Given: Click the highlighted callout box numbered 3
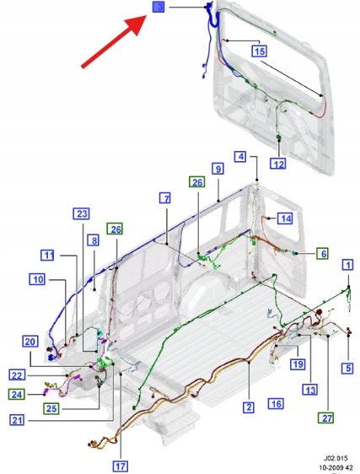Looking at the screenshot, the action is (x=159, y=7).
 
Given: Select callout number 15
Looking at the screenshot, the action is (x=260, y=51).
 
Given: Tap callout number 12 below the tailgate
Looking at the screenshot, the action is (x=278, y=164).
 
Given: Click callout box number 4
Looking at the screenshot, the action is (x=240, y=157).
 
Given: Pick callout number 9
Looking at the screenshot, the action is (x=218, y=169).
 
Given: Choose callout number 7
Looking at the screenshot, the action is (x=165, y=198).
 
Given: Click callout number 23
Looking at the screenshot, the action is (x=82, y=213).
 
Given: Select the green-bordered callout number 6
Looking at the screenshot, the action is (x=323, y=253).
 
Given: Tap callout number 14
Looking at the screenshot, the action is (x=285, y=218).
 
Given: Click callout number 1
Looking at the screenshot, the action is (x=348, y=265).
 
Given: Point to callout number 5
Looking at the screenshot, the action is (x=348, y=368).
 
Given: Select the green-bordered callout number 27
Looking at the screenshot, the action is (x=326, y=418).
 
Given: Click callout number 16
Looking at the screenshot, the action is (x=276, y=403).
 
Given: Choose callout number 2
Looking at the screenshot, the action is (x=249, y=407).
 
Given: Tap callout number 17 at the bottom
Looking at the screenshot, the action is (x=121, y=466).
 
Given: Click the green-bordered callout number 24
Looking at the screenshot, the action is (x=17, y=395).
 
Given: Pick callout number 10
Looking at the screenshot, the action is (x=37, y=279).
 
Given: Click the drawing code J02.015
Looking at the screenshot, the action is (x=336, y=459).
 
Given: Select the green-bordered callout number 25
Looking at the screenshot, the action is (x=51, y=408).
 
